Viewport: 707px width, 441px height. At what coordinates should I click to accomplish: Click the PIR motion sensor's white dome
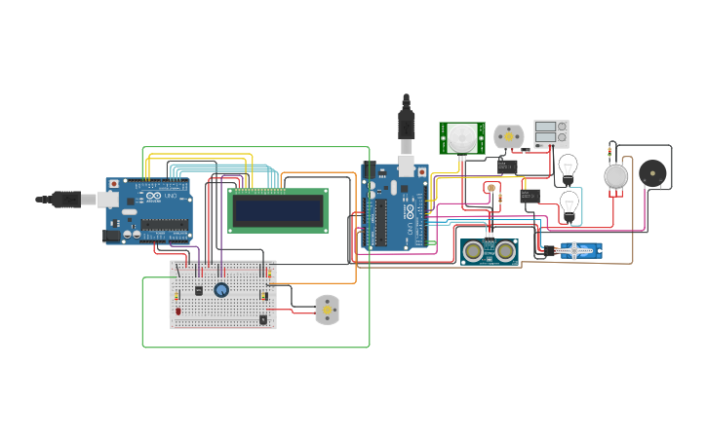pyautogui.click(x=462, y=137)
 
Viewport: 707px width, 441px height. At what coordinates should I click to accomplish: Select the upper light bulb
pyautogui.click(x=568, y=165)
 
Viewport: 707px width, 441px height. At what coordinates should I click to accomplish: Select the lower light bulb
pyautogui.click(x=569, y=203)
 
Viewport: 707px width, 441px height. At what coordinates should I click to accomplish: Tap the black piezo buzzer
pyautogui.click(x=652, y=173)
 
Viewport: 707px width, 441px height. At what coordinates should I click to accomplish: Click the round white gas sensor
pyautogui.click(x=615, y=175)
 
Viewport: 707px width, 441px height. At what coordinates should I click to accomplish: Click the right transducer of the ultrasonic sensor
pyautogui.click(x=504, y=251)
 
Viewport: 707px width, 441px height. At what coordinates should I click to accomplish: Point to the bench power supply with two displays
pyautogui.click(x=551, y=133)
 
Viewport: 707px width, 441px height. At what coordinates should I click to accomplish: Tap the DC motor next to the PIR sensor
pyautogui.click(x=508, y=136)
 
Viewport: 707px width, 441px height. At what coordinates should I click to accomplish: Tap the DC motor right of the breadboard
pyautogui.click(x=327, y=310)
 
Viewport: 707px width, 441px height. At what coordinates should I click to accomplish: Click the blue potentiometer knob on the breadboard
pyautogui.click(x=221, y=289)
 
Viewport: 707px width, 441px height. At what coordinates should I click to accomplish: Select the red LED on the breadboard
pyautogui.click(x=177, y=311)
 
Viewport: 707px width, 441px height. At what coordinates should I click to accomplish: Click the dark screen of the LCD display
pyautogui.click(x=278, y=210)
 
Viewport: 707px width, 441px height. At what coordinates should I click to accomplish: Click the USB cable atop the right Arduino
pyautogui.click(x=407, y=127)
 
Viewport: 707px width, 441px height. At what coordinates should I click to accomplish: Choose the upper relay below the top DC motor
pyautogui.click(x=507, y=166)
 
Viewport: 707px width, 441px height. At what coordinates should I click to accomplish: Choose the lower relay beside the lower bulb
pyautogui.click(x=530, y=196)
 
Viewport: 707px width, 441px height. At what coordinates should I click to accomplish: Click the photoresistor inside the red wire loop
pyautogui.click(x=491, y=188)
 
